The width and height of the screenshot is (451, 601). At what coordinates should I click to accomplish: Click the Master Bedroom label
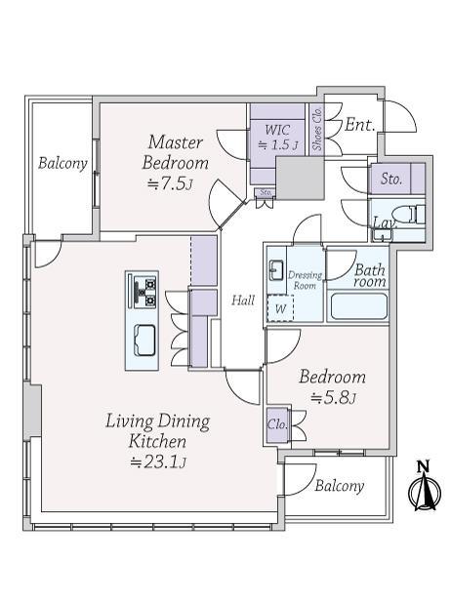[x=176, y=152]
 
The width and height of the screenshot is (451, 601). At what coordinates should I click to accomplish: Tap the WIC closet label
[x=277, y=130]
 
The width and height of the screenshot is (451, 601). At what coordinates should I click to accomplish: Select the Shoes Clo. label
[x=317, y=129]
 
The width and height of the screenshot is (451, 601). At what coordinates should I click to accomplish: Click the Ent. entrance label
[x=359, y=125]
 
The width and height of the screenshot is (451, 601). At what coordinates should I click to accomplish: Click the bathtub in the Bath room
[x=358, y=306]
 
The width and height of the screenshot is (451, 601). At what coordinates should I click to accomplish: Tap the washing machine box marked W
[x=280, y=308]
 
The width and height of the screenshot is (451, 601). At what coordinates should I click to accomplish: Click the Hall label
[x=243, y=300]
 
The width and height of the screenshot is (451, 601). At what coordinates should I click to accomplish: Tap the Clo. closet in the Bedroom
[x=277, y=424]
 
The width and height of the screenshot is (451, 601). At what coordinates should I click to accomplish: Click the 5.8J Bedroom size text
[x=333, y=398]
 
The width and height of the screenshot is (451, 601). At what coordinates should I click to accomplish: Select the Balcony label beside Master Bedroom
[x=62, y=163]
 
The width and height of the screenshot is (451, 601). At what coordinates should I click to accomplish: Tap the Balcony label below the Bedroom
[x=339, y=486]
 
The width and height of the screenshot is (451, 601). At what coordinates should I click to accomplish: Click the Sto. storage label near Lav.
[x=391, y=179]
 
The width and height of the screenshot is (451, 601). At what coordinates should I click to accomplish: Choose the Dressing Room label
[x=305, y=280]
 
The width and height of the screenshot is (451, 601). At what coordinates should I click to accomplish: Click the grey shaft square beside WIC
[x=300, y=178]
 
